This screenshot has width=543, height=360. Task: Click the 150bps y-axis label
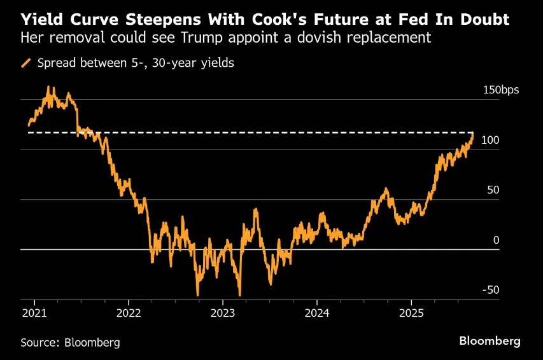[x=500, y=90]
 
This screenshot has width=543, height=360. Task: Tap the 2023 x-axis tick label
[x=222, y=313]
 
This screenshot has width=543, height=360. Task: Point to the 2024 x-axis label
[x=317, y=313]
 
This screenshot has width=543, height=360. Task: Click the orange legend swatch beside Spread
[x=26, y=63]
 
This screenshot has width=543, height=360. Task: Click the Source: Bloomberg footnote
[x=70, y=342]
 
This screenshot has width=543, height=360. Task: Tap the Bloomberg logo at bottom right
[x=490, y=341]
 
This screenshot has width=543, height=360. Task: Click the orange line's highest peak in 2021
[x=49, y=87]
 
